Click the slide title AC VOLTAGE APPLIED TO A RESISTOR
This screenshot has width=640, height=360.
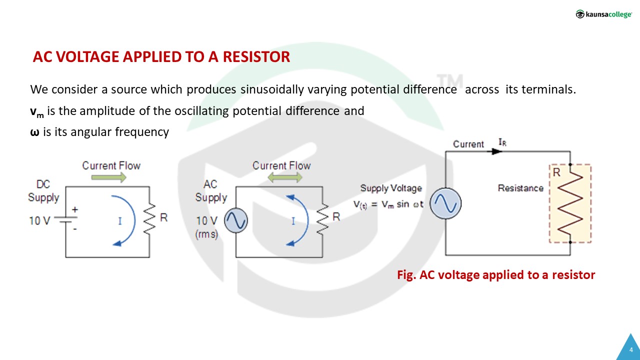click(161, 57)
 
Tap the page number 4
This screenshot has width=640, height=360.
click(631, 349)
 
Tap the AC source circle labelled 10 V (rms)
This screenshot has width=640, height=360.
click(235, 220)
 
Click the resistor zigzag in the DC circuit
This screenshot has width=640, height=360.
click(149, 218)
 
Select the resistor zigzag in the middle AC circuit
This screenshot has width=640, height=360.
click(322, 218)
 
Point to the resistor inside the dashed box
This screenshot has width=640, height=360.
click(570, 202)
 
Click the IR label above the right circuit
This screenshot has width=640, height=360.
click(502, 142)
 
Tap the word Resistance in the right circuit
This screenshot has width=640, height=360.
click(520, 188)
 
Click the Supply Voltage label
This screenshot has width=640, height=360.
click(391, 188)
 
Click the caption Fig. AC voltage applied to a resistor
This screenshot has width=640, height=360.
click(496, 274)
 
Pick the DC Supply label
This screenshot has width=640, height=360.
click(43, 191)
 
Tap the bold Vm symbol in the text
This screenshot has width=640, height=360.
click(37, 112)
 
